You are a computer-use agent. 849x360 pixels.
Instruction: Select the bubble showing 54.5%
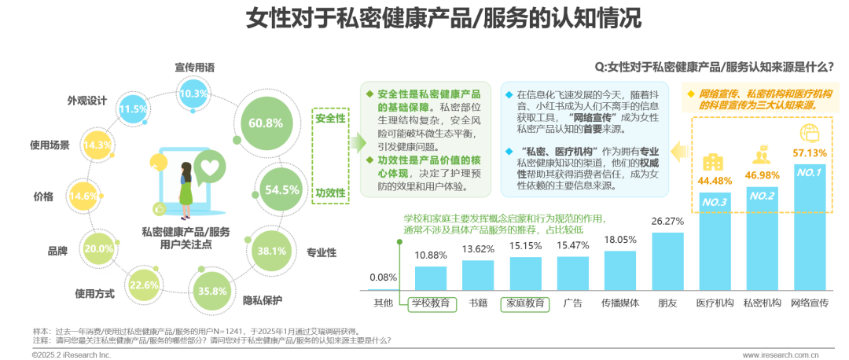coord(281,189)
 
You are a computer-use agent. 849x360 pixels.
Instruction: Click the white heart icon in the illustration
coord(209,167)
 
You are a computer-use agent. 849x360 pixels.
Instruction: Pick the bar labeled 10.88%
coord(431,278)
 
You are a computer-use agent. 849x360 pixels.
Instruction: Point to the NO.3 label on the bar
coord(715,202)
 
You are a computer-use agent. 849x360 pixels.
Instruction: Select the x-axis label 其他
coord(383,302)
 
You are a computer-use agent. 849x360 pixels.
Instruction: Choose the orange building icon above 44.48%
coord(714,163)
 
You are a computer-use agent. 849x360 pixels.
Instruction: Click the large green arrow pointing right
coord(357,141)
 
